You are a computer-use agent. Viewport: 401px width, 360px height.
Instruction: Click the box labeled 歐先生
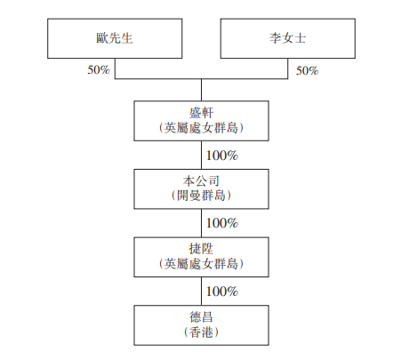coord(115,38)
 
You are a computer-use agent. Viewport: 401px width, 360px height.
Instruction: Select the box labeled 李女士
coord(288,38)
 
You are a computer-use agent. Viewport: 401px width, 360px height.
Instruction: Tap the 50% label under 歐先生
coord(99,70)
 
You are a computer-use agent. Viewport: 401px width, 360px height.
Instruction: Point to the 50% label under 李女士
coord(307,71)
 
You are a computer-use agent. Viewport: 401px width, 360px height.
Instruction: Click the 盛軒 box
coord(201,121)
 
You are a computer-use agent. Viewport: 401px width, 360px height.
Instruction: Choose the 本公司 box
coord(201,189)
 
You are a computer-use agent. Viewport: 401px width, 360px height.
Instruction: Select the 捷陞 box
coord(201,257)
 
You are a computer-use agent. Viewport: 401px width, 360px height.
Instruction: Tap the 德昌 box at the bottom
coord(201,325)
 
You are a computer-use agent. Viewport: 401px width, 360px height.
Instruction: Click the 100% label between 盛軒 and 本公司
coord(222,156)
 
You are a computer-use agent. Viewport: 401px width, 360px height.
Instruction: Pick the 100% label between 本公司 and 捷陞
coord(222,223)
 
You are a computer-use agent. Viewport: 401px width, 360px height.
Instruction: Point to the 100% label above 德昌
coord(222,292)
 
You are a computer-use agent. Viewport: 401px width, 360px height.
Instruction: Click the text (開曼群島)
coord(201,196)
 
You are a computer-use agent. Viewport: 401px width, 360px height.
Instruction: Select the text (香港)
coord(201,332)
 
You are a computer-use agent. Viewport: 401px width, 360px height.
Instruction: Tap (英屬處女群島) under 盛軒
coord(201,128)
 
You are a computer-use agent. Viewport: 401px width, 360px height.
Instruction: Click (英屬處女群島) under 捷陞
coord(201,264)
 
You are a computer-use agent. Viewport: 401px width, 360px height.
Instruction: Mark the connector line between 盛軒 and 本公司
coord(202,155)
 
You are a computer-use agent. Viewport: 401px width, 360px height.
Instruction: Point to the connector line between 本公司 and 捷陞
coord(202,223)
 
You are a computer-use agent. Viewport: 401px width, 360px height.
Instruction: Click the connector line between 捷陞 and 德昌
coord(202,292)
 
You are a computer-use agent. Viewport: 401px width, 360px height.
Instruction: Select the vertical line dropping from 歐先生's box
coord(115,68)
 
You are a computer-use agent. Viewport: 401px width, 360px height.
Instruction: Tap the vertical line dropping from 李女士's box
coord(287,68)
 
